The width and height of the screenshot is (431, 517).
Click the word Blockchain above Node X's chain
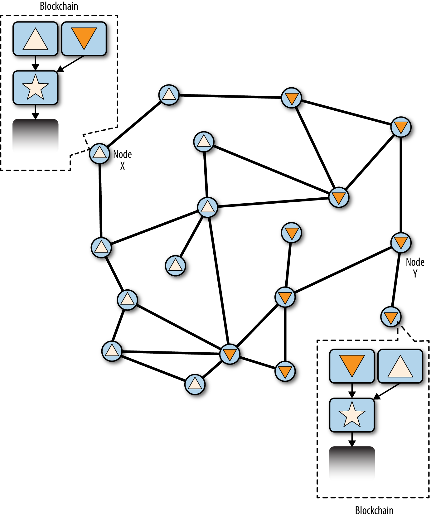coord(59,6)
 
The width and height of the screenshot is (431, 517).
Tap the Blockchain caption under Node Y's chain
coord(374,510)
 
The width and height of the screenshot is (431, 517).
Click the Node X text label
coord(122,159)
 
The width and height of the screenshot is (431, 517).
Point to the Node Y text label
coord(415,267)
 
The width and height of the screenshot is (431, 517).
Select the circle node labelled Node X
coord(100,153)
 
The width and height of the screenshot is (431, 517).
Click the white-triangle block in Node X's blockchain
coord(35,39)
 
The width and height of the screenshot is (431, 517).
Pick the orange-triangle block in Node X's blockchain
coord(84,39)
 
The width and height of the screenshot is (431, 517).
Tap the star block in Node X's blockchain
coord(35,88)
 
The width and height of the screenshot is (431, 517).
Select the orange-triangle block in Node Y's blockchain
coord(352,366)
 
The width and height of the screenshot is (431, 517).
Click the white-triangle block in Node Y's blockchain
coord(400,366)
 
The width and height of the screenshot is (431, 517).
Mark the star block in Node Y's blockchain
coord(352,415)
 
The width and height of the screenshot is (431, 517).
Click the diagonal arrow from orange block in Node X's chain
coord(71,64)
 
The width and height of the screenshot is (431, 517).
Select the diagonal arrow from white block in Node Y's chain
coord(387,391)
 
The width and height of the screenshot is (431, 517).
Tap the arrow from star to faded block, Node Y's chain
coord(352,439)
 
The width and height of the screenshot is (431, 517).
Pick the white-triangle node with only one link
coord(175,266)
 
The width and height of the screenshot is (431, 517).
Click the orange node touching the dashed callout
coord(391,317)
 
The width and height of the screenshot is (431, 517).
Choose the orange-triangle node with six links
coord(230,354)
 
